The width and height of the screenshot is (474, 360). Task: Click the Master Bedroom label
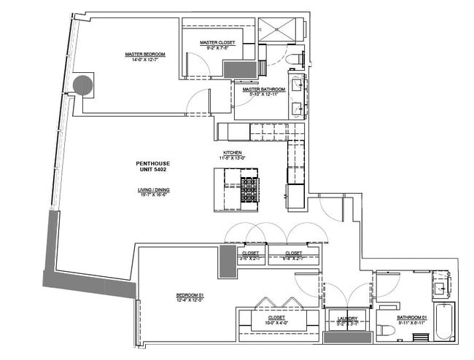(x=144, y=54)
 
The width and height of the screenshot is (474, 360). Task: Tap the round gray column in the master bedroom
(x=83, y=86)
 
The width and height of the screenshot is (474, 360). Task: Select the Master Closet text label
(x=217, y=43)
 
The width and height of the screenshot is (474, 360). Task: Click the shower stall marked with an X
(x=280, y=31)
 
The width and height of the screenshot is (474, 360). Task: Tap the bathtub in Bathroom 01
(x=443, y=322)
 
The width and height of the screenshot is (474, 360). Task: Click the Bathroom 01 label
(x=411, y=318)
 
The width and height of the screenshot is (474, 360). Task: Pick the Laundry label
(x=347, y=318)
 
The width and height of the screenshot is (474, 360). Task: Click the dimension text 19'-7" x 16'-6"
(x=154, y=195)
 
